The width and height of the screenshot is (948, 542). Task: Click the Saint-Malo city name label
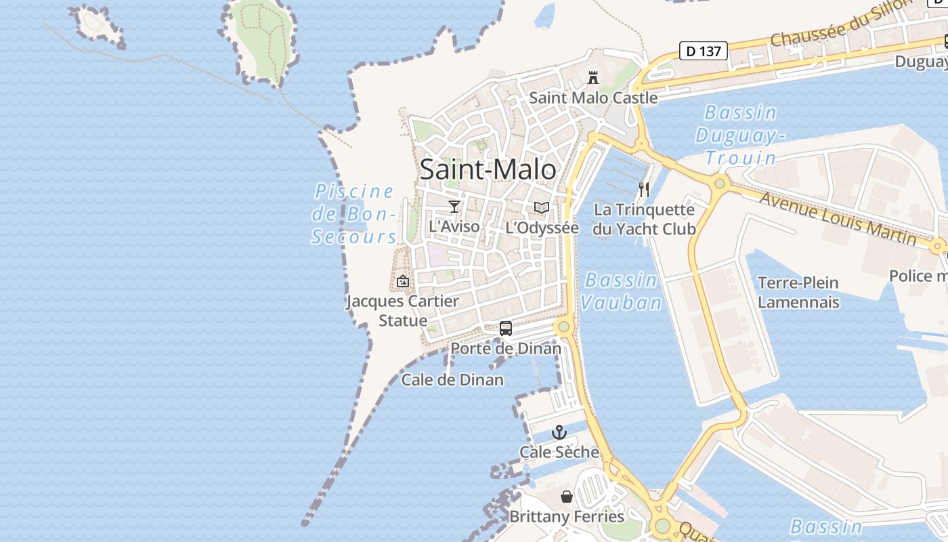pos(488,169)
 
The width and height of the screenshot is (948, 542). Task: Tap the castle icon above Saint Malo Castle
pos(593,78)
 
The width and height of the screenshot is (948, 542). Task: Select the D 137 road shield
pos(704,51)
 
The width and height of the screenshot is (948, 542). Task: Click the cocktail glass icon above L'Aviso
pos(454,207)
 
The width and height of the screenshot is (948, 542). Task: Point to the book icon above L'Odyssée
pos(542,208)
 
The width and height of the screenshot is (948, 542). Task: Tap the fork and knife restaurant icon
pos(644,190)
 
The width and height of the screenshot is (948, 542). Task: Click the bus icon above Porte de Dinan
pos(506,329)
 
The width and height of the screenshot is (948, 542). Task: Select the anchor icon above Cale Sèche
pos(559,432)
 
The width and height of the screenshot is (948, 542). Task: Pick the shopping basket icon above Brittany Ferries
pos(567,497)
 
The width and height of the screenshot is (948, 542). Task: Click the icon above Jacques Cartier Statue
pos(403,280)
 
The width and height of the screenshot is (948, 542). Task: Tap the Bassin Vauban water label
pos(621,291)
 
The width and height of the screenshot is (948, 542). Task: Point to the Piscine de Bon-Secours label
pos(354,213)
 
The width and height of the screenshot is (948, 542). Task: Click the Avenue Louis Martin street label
pos(838,219)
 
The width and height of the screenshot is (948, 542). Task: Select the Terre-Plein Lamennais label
pos(798,292)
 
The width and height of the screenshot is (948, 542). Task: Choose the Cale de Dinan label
pos(452,379)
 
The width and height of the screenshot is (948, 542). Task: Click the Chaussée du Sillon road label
pos(842,24)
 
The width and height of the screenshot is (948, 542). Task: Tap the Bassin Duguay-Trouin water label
pos(740,135)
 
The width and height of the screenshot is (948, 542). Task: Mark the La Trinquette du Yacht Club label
pos(644,220)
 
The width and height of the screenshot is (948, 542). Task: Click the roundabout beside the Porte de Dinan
pos(563,327)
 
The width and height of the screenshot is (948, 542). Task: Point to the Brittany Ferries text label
pos(567,517)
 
